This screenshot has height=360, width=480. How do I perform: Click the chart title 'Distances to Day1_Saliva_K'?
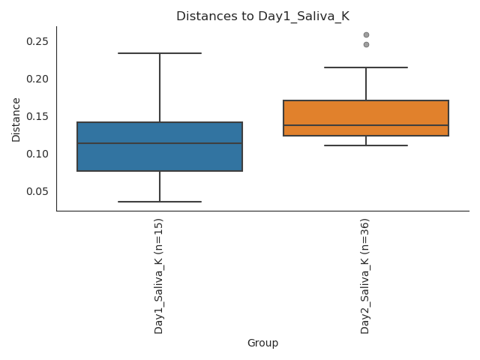pos(262,16)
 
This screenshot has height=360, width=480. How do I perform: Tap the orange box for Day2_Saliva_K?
pos(366,112)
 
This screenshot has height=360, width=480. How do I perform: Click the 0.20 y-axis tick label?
pos(37,79)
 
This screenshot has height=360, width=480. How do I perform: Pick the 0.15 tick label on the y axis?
pos(37,116)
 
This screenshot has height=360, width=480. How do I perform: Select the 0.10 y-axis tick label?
pos(37,154)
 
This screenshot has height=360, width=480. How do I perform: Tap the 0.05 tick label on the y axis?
pos(37,191)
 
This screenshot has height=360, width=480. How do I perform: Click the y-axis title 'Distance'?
pos(16,119)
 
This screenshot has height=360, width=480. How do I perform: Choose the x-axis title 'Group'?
pos(262,343)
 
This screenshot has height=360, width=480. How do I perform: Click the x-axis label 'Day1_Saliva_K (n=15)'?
pos(159,276)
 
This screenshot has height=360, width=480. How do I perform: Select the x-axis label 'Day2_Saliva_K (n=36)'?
pos(365,276)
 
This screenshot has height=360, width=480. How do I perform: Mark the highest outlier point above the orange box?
pos(366,34)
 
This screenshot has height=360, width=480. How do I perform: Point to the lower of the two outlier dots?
pos(366,44)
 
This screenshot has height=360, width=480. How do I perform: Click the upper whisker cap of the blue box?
pos(160,53)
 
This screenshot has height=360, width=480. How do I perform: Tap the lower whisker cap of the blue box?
pos(160,202)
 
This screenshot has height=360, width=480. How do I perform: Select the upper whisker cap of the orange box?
pos(366,67)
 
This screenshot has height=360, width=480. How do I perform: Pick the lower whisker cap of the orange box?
pos(366,145)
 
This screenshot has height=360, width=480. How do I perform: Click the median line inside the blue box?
pos(160,143)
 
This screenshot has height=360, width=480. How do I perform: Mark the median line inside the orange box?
pos(366,125)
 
